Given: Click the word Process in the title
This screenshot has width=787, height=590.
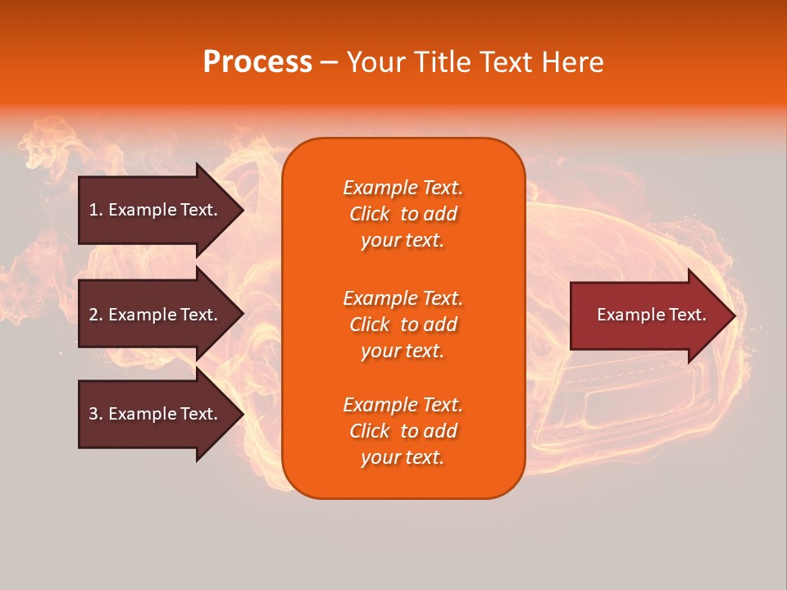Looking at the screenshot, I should pyautogui.click(x=257, y=62).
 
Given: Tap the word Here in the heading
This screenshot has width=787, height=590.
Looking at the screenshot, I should pyautogui.click(x=571, y=62).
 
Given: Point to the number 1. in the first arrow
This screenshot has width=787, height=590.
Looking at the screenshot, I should pyautogui.click(x=96, y=210).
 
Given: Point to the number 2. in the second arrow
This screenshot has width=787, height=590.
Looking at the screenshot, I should pyautogui.click(x=96, y=315).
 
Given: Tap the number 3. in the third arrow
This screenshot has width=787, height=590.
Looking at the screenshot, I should pyautogui.click(x=96, y=414).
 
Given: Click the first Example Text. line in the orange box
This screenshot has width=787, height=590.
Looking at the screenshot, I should pyautogui.click(x=403, y=188).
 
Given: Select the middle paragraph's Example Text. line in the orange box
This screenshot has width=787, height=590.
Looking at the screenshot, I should pyautogui.click(x=403, y=298).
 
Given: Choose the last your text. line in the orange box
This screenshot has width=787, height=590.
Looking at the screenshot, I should pyautogui.click(x=403, y=458).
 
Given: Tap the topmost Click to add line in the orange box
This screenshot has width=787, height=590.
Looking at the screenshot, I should pyautogui.click(x=403, y=214).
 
